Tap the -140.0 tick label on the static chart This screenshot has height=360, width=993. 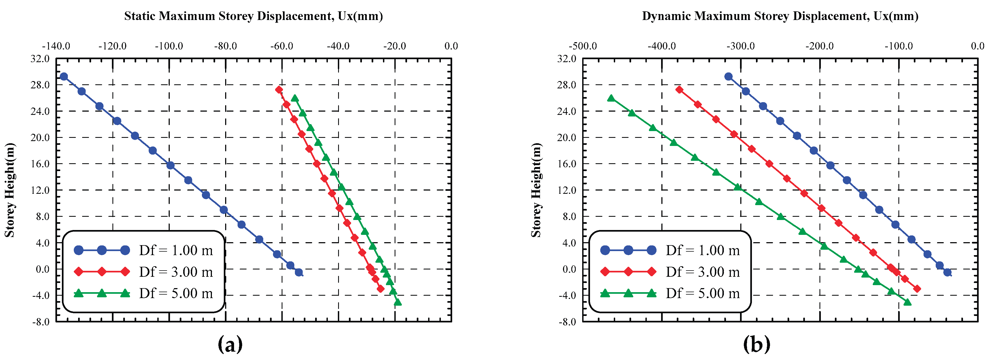point(56,46)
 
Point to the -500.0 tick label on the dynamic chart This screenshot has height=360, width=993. point(582,46)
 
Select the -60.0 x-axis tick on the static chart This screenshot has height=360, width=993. point(282,46)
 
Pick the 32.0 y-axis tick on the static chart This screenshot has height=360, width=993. point(40,59)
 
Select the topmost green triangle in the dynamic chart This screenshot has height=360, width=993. point(611,99)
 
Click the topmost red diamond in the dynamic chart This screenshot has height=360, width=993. point(679,90)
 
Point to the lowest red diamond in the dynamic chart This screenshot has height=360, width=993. point(917,289)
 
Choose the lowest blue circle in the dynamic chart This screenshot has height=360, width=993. point(947,272)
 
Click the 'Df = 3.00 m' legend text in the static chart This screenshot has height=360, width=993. point(176,272)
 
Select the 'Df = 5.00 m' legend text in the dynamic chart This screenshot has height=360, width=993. point(702,294)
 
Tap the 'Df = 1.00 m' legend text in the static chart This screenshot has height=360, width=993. point(176,251)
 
